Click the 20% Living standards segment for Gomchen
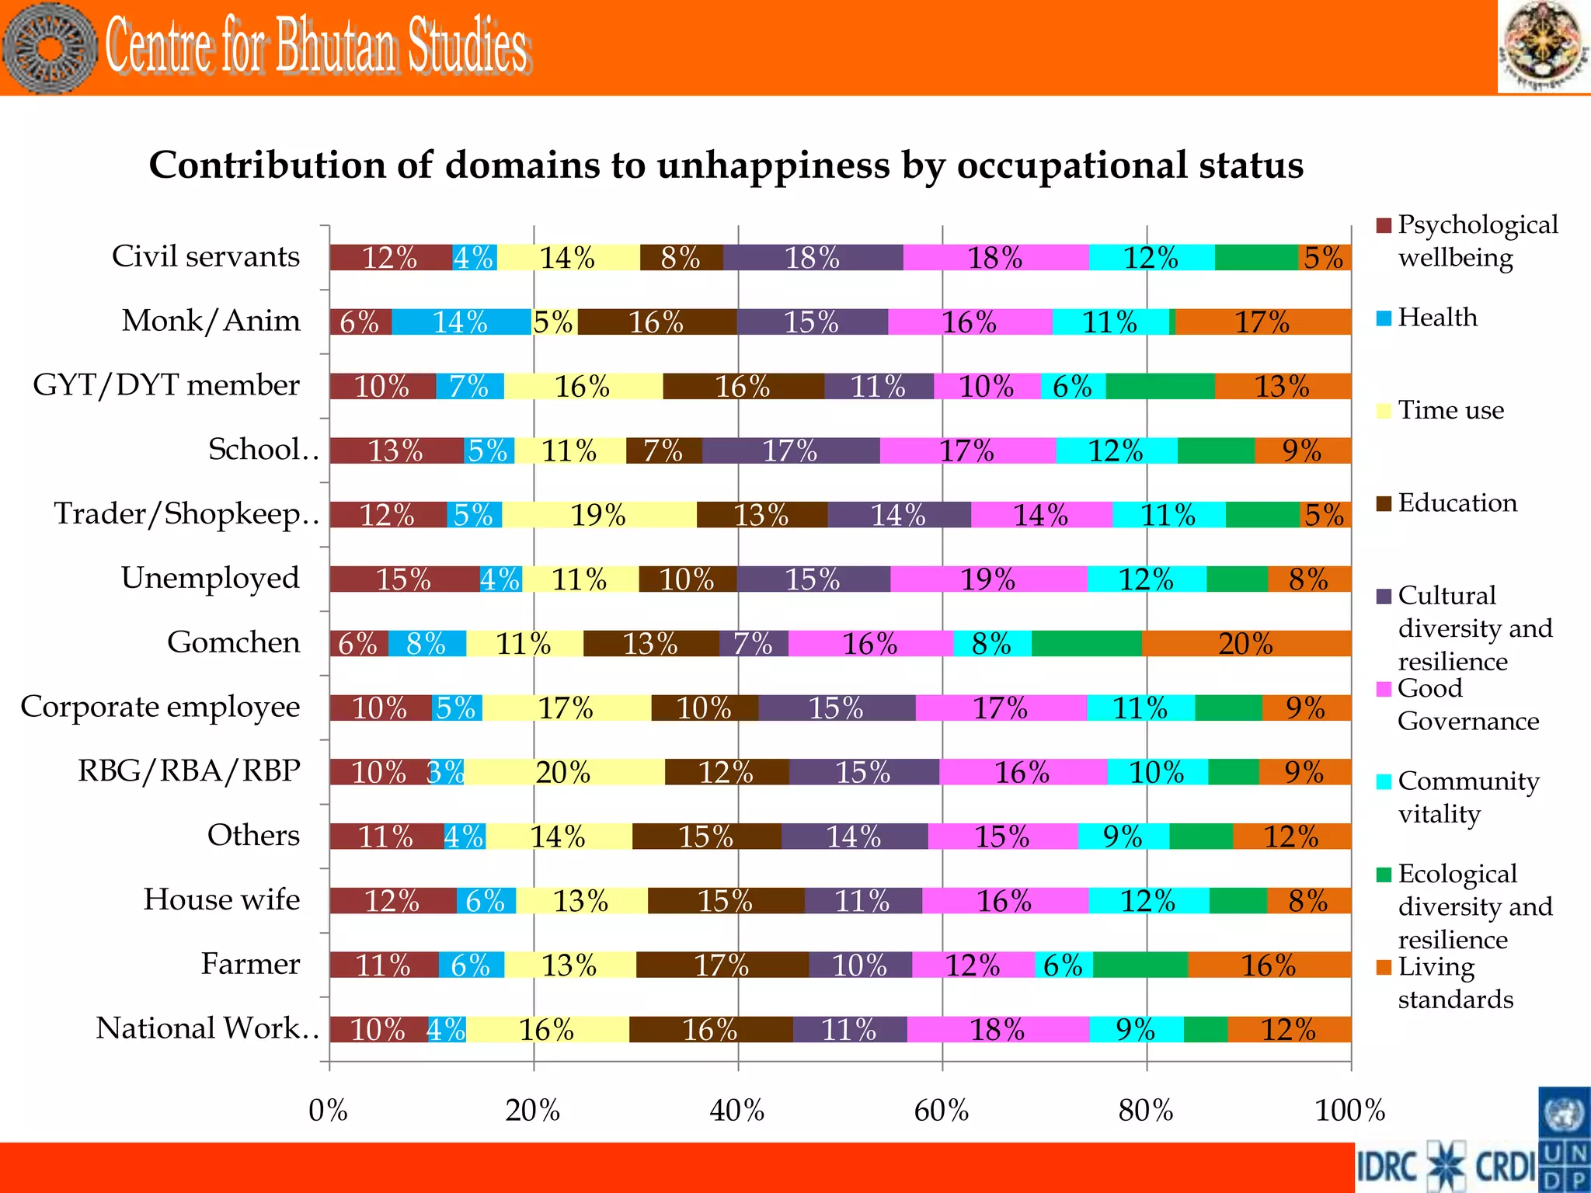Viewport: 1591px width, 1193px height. tap(1246, 644)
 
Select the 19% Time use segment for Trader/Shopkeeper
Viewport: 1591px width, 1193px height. tap(599, 515)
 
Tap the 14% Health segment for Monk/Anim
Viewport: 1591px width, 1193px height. tap(461, 322)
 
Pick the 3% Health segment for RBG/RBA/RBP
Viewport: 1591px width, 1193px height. tap(447, 772)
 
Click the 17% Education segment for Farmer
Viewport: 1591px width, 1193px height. tap(722, 965)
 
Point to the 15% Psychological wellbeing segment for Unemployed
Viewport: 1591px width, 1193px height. tap(404, 579)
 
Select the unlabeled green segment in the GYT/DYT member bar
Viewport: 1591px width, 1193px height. tap(1160, 386)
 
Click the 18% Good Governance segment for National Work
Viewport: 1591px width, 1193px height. tap(997, 1030)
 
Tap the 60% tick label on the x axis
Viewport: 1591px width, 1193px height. tap(942, 1111)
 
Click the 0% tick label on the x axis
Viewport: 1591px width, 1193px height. tap(329, 1111)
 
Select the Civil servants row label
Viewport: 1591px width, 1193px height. tap(206, 256)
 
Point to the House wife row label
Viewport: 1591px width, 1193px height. tap(221, 899)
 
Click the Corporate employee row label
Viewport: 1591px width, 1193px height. tap(160, 707)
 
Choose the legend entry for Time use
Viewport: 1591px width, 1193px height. tap(1450, 410)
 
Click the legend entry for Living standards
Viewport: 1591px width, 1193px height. tap(1454, 983)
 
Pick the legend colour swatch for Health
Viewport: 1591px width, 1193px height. tap(1384, 318)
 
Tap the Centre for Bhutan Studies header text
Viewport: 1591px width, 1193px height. tap(317, 47)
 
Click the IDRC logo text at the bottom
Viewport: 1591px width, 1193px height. tap(1387, 1167)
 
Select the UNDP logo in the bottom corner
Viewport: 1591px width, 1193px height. tap(1564, 1140)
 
